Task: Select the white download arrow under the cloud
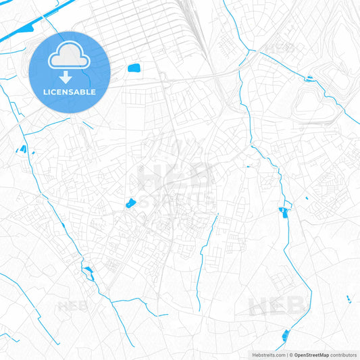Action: tap(70, 76)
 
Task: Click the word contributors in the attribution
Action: tap(344, 355)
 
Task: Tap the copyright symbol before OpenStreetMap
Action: tap(290, 355)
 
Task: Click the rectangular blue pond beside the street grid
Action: tap(134, 68)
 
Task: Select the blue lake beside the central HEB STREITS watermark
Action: tap(130, 203)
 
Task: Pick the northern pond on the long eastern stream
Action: tap(282, 211)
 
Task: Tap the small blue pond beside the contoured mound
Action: tap(309, 80)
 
